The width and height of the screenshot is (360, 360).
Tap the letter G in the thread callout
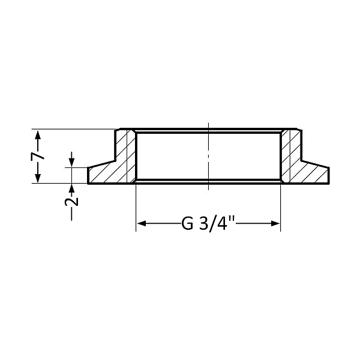[187, 224]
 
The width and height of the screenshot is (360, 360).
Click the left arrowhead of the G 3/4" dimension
[142, 224]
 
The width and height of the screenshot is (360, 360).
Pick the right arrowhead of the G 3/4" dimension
[276, 224]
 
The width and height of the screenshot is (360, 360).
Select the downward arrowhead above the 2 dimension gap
[72, 162]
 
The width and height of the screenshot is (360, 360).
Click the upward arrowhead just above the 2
[72, 188]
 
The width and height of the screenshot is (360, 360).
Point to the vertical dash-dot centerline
[208, 156]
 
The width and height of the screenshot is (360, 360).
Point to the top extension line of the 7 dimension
[72, 128]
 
